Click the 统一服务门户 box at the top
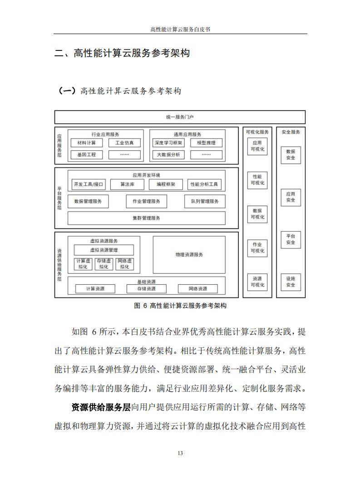[180, 117]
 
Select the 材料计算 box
[87, 143]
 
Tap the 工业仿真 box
[124, 143]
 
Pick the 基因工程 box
[87, 155]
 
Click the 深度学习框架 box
[168, 143]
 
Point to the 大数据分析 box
[168, 155]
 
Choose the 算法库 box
[128, 184]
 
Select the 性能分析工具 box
[204, 184]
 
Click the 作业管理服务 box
[147, 202]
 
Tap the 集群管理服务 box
[147, 218]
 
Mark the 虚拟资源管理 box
[104, 250]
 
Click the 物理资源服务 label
[189, 254]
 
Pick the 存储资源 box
[147, 289]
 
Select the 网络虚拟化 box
[125, 264]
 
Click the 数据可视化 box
[257, 214]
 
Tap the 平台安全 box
[291, 240]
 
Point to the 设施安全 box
[291, 282]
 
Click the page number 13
[180, 453]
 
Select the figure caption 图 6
[140, 306]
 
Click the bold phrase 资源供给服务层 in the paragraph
[101, 407]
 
